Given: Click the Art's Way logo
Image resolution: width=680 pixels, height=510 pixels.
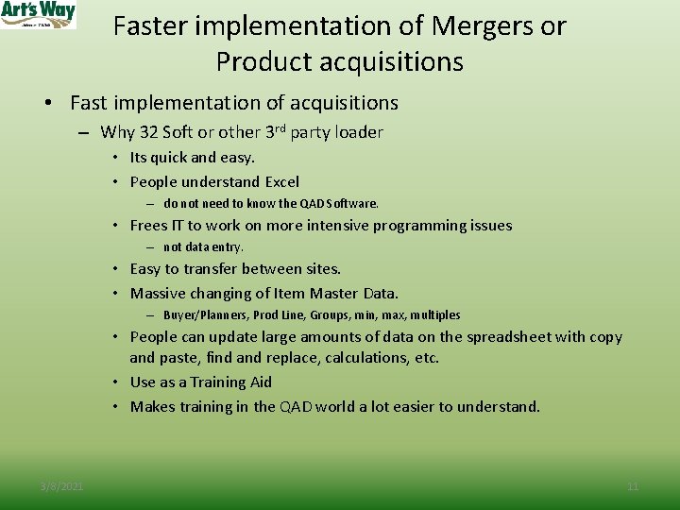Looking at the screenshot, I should (38, 14).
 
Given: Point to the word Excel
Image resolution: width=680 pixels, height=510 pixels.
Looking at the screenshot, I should (281, 181).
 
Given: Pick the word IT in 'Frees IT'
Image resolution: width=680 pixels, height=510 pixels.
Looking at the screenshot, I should (177, 225).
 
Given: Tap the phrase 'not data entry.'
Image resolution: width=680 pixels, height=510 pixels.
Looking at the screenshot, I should (203, 246).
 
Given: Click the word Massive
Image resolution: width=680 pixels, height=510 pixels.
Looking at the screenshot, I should (159, 293).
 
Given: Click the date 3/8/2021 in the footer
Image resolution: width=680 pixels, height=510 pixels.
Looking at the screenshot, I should (61, 486).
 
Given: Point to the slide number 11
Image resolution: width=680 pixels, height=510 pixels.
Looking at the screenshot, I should (633, 486).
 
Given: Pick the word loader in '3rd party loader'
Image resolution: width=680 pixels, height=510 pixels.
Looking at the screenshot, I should (360, 132).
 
